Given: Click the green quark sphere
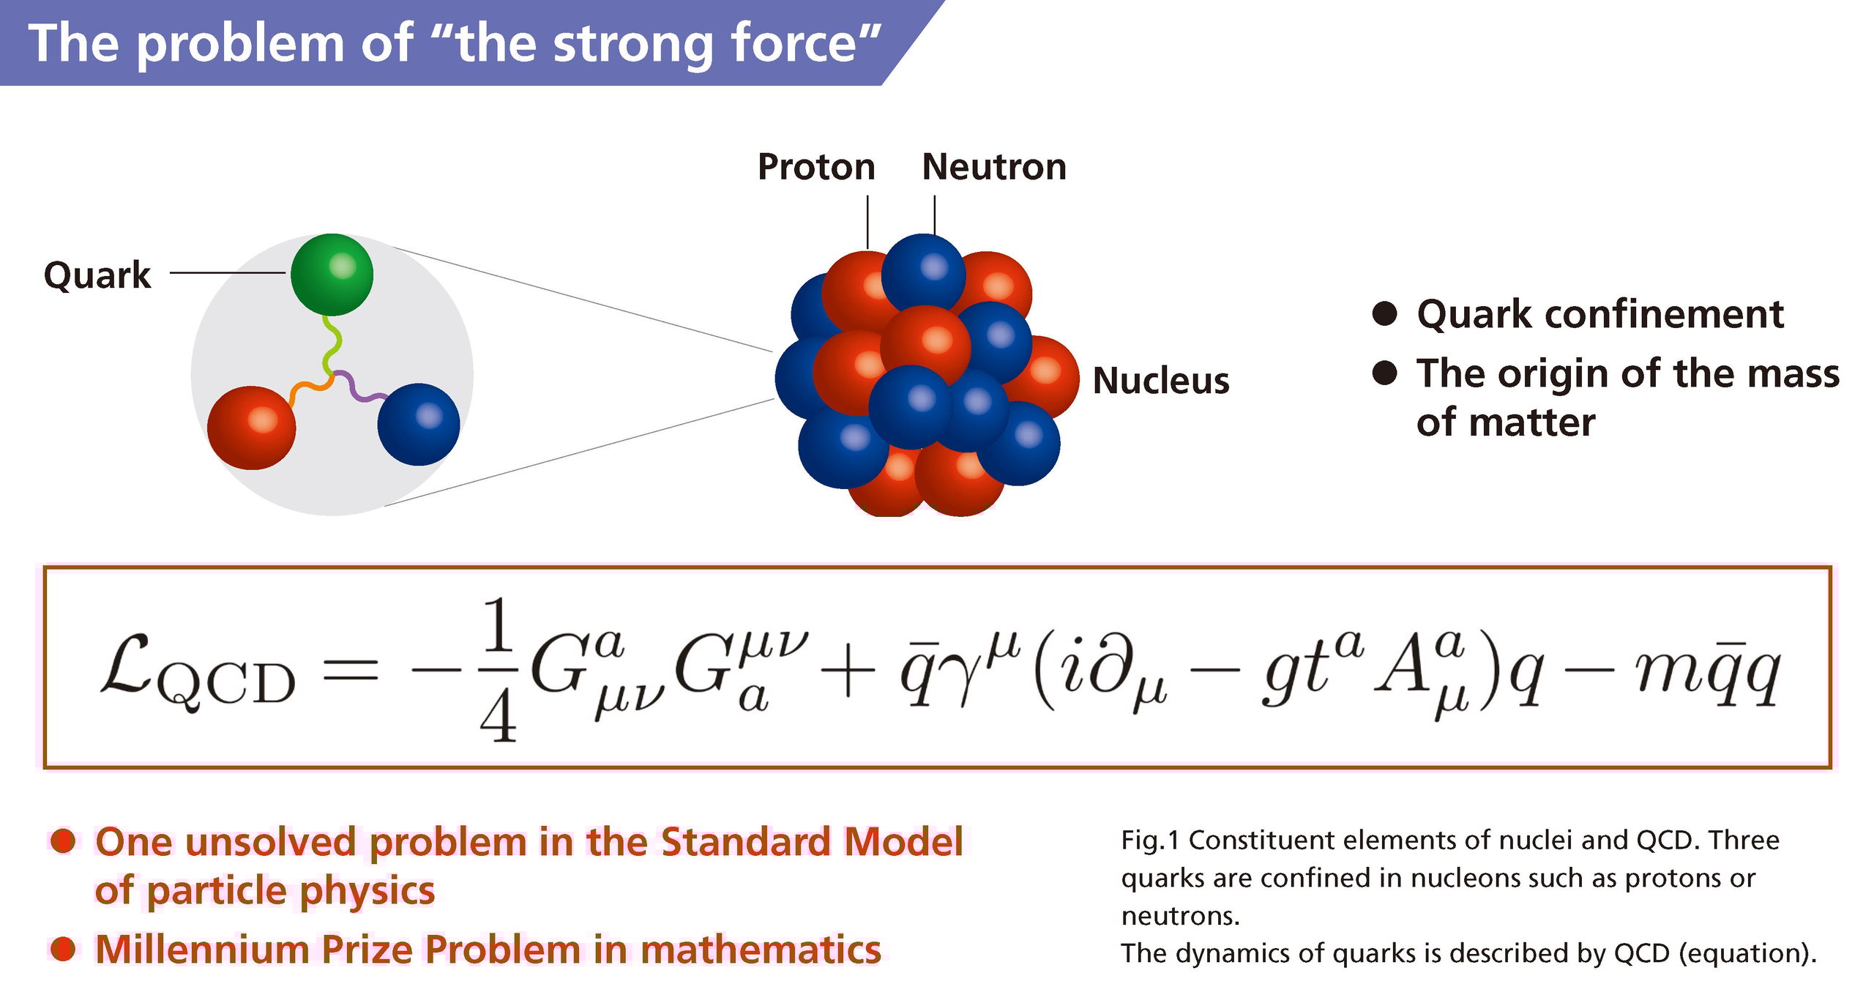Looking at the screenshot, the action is click(x=332, y=275).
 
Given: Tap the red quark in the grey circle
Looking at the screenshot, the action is click(x=251, y=428).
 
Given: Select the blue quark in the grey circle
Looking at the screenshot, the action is click(x=419, y=425).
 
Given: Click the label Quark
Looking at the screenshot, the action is click(x=97, y=276).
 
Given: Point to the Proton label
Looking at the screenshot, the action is click(x=816, y=167).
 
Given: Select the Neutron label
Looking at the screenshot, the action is click(x=994, y=167).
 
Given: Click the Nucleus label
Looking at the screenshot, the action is click(x=1161, y=381).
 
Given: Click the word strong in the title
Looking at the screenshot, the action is click(x=633, y=44).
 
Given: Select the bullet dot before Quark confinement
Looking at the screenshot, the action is click(x=1384, y=313).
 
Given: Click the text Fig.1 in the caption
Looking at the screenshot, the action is click(x=1150, y=840).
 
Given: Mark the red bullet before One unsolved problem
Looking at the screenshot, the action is click(x=63, y=841).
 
